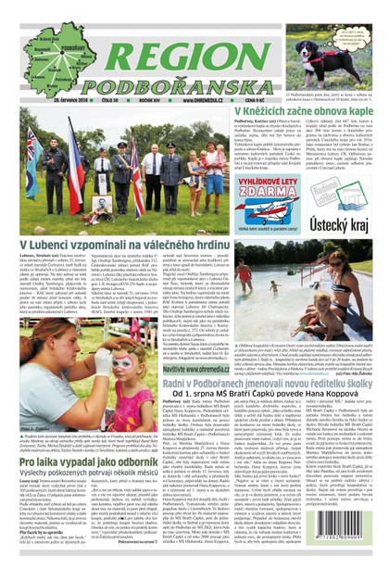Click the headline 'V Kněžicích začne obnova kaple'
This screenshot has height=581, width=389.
pyautogui.click(x=291, y=110)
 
